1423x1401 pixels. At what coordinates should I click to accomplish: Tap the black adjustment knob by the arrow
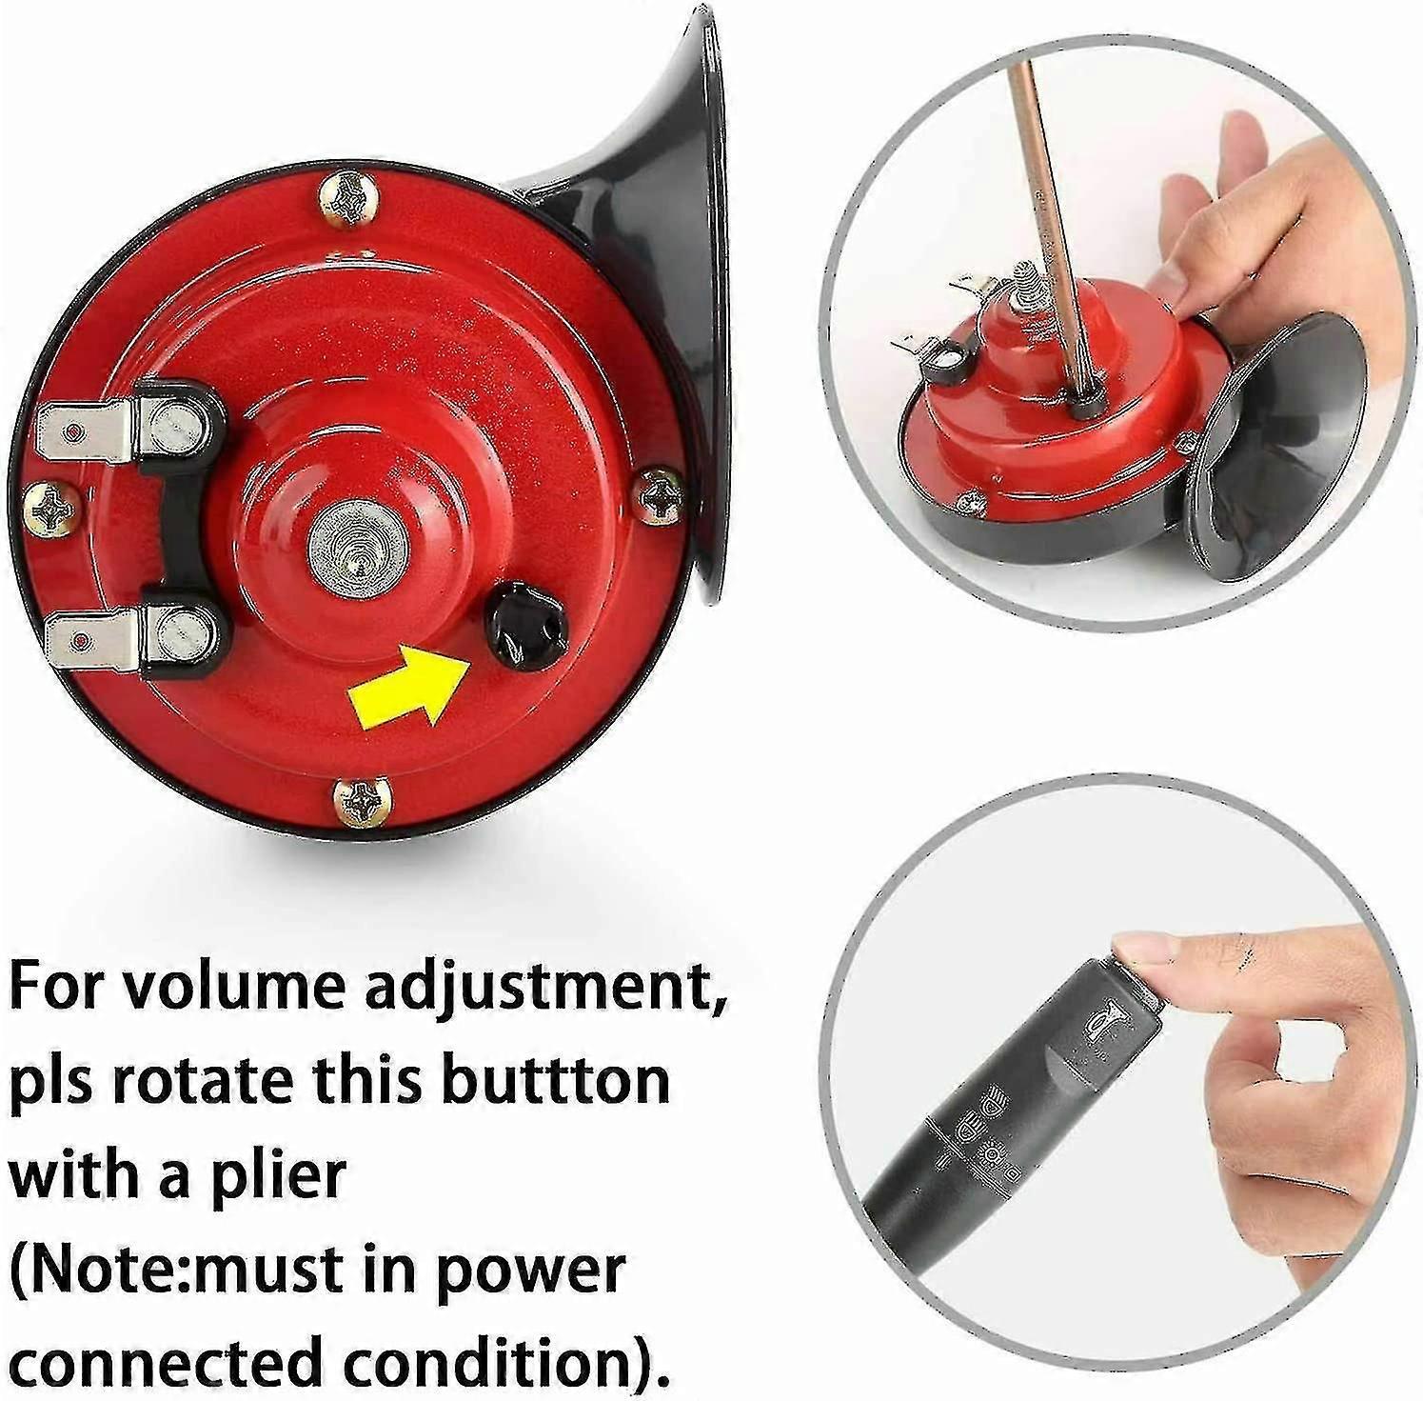pyautogui.click(x=526, y=627)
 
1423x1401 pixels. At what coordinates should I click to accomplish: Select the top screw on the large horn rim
pyautogui.click(x=347, y=200)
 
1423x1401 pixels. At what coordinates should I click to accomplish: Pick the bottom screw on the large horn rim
pyautogui.click(x=362, y=800)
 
